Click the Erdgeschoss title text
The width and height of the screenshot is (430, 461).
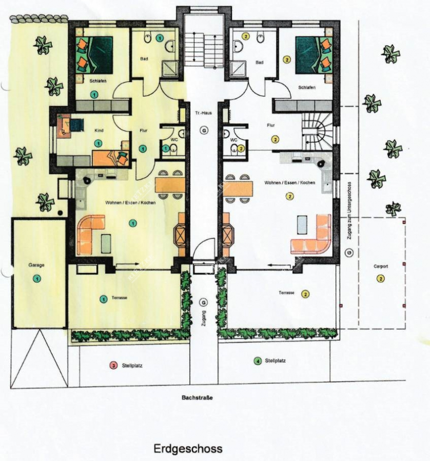pyautogui.click(x=188, y=449)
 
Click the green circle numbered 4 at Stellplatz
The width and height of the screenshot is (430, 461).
pyautogui.click(x=257, y=361)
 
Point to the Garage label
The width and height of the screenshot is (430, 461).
pyautogui.click(x=36, y=265)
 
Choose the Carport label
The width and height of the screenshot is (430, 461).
pyautogui.click(x=381, y=266)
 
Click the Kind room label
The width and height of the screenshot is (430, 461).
pyautogui.click(x=99, y=131)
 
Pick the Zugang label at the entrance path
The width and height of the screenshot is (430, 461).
pyautogui.click(x=204, y=319)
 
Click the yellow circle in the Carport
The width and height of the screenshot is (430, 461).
pyautogui.click(x=381, y=279)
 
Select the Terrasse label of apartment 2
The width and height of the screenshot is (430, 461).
pyautogui.click(x=286, y=293)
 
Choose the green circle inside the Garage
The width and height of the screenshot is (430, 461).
pyautogui.click(x=36, y=278)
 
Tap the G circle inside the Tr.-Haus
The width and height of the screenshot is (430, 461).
pyautogui.click(x=204, y=131)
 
